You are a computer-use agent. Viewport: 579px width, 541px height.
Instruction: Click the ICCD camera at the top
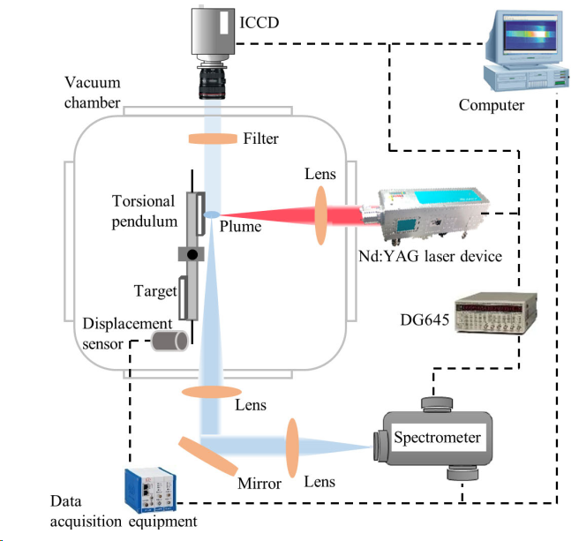pos(212,49)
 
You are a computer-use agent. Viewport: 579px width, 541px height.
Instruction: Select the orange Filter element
pos(213,139)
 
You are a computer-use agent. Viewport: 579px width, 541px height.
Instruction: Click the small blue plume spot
pos(212,214)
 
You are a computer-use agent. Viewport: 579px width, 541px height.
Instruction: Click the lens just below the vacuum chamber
pos(212,391)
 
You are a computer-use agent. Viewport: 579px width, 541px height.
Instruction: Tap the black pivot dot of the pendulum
pos(192,255)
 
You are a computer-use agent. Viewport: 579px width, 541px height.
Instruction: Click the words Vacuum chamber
pos(92,93)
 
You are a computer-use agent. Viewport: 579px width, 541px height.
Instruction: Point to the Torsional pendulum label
pos(143,211)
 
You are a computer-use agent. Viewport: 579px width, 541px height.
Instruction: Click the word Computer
pos(492,106)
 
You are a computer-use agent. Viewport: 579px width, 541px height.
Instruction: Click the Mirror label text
pos(259,484)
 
